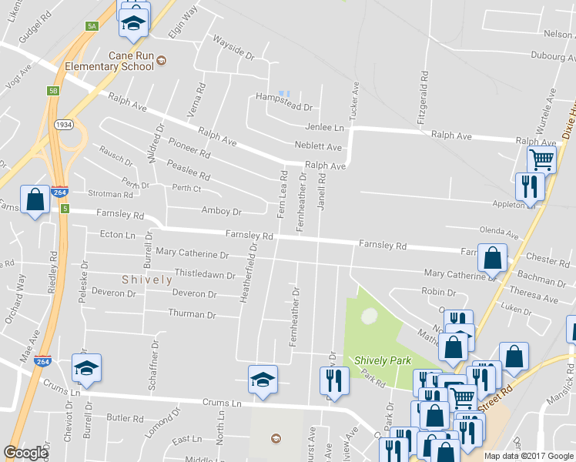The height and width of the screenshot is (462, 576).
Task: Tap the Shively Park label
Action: coord(383,360)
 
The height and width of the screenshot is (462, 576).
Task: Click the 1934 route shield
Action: coord(63,124)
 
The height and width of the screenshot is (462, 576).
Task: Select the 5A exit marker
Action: coord(92,26)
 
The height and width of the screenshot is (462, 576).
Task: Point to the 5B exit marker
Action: coord(53,91)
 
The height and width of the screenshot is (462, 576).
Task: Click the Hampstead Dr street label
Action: coord(285,108)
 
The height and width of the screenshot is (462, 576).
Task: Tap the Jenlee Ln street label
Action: coord(325,128)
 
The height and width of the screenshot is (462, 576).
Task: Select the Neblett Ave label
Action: coord(318,146)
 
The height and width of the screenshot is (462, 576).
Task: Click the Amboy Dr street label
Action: coord(221,211)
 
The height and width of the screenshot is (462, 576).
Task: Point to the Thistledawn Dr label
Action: coord(205,273)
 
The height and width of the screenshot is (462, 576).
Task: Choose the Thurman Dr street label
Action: coord(192,314)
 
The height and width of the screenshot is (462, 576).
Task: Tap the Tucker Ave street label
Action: coord(355,101)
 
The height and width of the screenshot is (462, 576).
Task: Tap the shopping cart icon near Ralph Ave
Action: coord(541,159)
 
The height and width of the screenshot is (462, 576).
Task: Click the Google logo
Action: coord(25,453)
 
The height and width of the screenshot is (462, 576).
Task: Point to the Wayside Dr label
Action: coord(233,48)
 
